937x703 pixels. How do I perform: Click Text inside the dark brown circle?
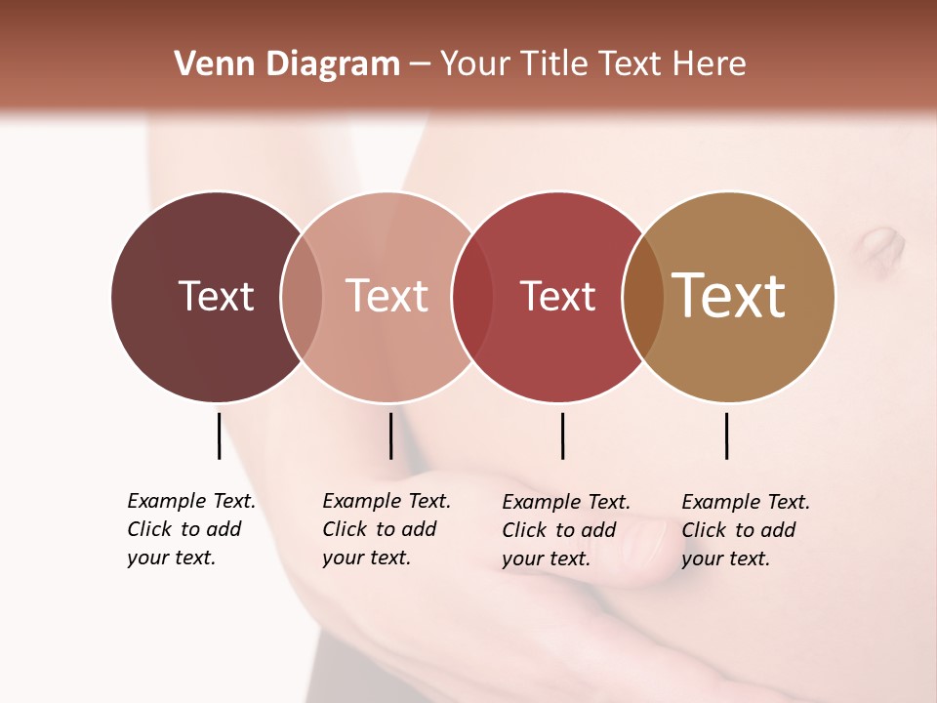[x=216, y=296]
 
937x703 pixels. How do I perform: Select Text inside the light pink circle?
[x=387, y=296]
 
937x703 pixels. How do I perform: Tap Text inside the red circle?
[x=557, y=296]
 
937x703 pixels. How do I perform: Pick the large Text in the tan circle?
[x=729, y=296]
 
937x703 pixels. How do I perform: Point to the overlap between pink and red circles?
[x=472, y=296]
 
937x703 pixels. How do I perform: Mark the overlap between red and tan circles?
[x=642, y=296]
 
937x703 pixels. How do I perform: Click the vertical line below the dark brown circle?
[x=219, y=435]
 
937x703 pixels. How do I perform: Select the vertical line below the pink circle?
[x=390, y=435]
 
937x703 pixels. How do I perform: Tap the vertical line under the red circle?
[x=562, y=435]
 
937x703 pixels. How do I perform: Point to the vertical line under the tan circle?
[x=726, y=435]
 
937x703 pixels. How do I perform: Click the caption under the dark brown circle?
[x=190, y=529]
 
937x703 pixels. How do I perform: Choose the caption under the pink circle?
[x=386, y=529]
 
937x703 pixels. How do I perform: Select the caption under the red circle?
[x=565, y=530]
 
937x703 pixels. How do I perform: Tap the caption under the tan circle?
[x=745, y=530]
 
